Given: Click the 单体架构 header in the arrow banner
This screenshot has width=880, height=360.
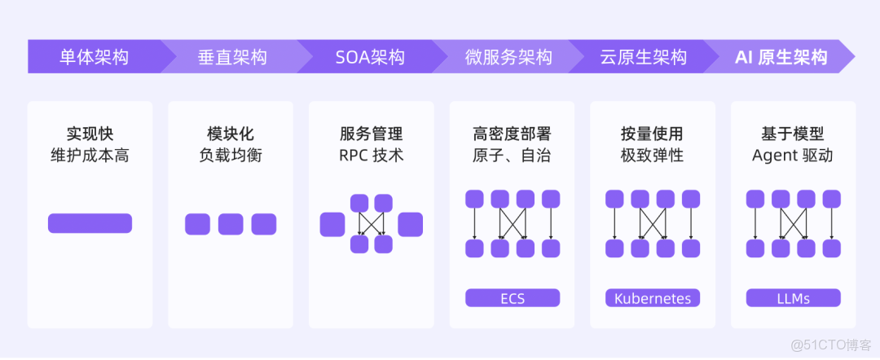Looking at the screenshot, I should [x=94, y=57].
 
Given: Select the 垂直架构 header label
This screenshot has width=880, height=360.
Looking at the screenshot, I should [x=232, y=57].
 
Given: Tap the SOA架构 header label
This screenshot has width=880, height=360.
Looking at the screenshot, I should [x=370, y=57].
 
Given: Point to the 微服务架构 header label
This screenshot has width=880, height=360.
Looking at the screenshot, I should [x=508, y=57].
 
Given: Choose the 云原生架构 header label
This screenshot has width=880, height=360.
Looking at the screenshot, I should [x=643, y=57].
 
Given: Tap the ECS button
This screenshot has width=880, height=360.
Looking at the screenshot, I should [x=512, y=298].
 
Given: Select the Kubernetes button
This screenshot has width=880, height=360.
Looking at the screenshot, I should [x=653, y=298].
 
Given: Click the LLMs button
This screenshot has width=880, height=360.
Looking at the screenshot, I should [x=793, y=298].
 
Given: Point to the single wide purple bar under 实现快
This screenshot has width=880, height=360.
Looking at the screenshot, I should [x=90, y=223].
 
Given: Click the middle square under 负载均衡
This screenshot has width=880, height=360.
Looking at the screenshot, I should [x=231, y=224].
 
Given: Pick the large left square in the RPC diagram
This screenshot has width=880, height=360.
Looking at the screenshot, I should [x=332, y=224].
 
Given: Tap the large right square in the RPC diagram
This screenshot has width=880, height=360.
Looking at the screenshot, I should [x=410, y=224].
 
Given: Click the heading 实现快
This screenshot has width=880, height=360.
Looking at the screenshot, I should [x=90, y=134].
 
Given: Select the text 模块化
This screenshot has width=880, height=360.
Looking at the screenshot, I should [x=231, y=134].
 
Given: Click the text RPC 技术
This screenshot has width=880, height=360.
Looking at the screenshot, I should [x=372, y=155].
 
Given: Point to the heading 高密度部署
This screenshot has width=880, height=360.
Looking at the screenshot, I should [x=512, y=134].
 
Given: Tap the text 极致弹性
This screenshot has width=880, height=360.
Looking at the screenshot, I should [x=652, y=155].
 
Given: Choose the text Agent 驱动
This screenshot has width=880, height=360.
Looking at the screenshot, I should [x=793, y=155].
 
